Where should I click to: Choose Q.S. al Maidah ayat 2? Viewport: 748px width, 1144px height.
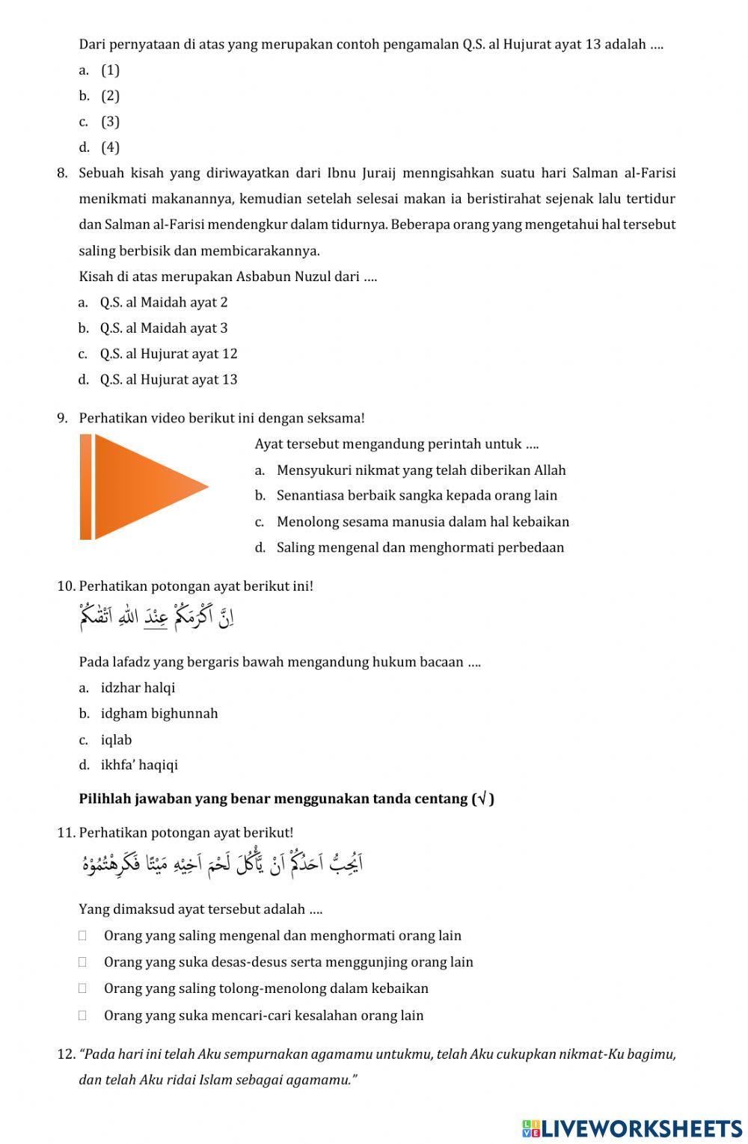click(163, 302)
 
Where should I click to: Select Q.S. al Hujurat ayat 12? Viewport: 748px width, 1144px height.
click(168, 354)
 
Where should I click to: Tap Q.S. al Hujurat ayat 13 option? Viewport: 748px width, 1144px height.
click(168, 379)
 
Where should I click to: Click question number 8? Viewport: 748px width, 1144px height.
click(62, 173)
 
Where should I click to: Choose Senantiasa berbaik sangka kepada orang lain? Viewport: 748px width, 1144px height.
click(416, 495)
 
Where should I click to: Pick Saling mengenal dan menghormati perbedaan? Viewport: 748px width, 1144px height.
click(420, 547)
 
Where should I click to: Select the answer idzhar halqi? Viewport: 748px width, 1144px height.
click(138, 687)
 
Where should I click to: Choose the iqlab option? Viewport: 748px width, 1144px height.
click(116, 739)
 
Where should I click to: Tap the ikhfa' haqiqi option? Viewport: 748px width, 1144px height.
click(139, 765)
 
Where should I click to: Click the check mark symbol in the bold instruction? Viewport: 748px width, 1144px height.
click(483, 799)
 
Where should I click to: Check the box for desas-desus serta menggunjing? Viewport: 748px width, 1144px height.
click(82, 962)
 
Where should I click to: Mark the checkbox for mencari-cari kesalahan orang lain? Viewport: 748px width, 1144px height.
click(82, 1015)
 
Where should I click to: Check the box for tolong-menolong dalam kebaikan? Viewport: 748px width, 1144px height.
click(82, 988)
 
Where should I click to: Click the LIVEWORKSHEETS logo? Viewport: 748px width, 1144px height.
click(632, 1128)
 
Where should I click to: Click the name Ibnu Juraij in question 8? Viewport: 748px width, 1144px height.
click(355, 173)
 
